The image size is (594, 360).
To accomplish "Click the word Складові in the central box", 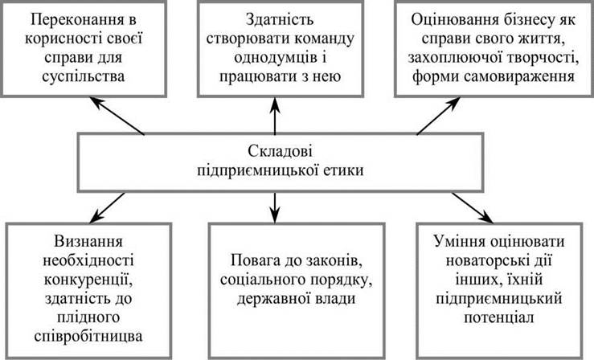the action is click(281, 151).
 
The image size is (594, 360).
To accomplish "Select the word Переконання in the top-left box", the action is click(78, 19).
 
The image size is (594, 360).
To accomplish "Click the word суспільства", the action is click(84, 77).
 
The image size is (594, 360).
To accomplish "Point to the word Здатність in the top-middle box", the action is click(280, 19).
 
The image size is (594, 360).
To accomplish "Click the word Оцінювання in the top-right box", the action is click(456, 19).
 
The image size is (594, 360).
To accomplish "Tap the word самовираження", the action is click(519, 77).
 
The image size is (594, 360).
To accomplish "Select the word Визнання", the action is click(88, 242).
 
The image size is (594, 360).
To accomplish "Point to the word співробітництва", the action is click(88, 337).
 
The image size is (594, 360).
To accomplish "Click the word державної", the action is click(272, 299).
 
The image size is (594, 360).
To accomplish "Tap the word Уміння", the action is click(458, 242).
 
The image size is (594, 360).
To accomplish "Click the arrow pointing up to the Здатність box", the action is click(275, 116).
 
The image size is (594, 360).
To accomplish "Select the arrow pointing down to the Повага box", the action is click(275, 207).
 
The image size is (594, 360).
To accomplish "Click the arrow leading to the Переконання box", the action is click(117, 116).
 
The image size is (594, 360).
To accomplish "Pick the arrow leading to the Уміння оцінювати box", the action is click(473, 208).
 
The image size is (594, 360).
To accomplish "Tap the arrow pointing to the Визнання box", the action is click(107, 208).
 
